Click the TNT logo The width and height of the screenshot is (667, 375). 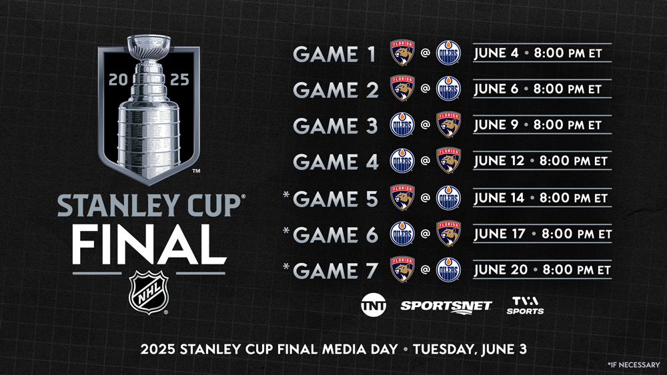[x=374, y=305]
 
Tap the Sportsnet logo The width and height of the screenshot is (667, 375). [x=446, y=306]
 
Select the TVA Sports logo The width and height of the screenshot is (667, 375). [x=525, y=305]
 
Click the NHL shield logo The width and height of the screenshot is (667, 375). [x=149, y=292]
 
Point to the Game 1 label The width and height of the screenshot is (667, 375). [x=334, y=54]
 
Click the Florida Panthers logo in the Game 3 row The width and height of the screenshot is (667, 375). [x=448, y=125]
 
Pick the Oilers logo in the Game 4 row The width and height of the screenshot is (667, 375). [x=402, y=161]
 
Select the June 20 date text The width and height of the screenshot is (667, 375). [x=501, y=270]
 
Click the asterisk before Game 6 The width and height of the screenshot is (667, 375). [x=286, y=231]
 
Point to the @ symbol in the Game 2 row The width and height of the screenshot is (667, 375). [x=425, y=89]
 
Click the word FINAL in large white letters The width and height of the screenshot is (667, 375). [x=149, y=244]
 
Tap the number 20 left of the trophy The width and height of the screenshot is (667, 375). [x=118, y=79]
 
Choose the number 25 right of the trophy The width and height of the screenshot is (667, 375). [x=179, y=79]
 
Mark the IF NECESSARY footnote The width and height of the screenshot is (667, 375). [x=634, y=364]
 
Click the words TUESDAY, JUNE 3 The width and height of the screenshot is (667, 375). [x=470, y=349]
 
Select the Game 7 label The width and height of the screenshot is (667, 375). [x=336, y=271]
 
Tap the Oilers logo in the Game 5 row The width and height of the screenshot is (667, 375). [x=448, y=197]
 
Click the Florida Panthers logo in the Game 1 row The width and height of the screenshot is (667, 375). [x=402, y=53]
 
